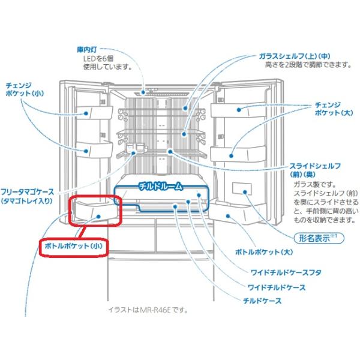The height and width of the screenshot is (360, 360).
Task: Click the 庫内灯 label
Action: tap(87, 50)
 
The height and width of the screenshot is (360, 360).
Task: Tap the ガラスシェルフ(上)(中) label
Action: tap(295, 56)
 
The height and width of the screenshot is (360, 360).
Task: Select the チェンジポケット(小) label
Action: tap(25, 89)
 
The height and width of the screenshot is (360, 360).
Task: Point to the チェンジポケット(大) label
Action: tap(334, 109)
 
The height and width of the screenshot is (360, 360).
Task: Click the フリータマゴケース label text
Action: tap(27, 192)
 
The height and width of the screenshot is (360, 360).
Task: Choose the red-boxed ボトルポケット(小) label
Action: tap(73, 246)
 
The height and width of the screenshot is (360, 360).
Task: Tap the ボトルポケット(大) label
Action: tap(264, 252)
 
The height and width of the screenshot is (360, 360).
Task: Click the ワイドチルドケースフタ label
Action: tap(286, 273)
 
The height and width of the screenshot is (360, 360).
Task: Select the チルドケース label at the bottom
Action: tap(262, 301)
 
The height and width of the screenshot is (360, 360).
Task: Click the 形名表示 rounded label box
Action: tap(319, 238)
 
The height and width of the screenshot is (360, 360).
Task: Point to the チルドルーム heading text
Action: tap(161, 187)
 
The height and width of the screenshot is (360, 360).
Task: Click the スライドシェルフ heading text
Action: tap(315, 166)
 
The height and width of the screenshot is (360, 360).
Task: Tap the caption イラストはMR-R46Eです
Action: tap(148, 310)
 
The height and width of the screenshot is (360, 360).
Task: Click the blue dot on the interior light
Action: tap(143, 92)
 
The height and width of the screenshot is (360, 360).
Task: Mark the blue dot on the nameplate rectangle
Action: tap(245, 192)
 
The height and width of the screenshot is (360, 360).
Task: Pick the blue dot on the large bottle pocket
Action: tap(228, 216)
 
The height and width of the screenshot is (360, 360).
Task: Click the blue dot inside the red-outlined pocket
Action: tap(98, 216)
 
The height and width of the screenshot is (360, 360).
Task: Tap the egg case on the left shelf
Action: tap(136, 148)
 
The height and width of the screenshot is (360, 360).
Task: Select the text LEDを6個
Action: tap(98, 59)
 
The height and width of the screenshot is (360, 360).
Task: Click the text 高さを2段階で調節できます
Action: tap(308, 65)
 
